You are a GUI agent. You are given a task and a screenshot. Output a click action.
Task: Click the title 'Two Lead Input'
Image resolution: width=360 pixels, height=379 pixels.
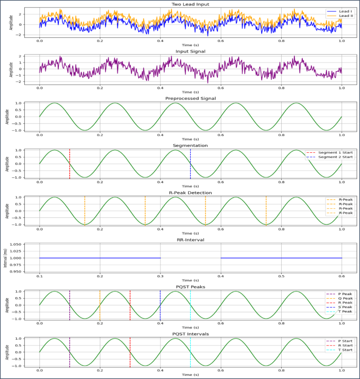pos(190,4)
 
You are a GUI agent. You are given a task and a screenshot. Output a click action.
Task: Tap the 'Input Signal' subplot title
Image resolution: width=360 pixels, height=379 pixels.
pos(190,51)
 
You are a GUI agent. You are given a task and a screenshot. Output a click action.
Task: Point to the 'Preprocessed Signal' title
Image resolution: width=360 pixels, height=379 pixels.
pos(190,98)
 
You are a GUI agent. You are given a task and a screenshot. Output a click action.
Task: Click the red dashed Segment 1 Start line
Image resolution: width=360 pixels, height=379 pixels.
pos(69,164)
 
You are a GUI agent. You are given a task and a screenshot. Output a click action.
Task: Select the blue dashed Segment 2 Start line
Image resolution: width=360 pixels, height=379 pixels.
pos(190,164)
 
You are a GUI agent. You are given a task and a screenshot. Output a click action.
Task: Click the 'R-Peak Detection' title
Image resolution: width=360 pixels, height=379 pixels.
pos(190,193)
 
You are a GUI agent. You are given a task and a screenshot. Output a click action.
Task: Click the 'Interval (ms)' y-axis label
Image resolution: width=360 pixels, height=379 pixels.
pos(6,258)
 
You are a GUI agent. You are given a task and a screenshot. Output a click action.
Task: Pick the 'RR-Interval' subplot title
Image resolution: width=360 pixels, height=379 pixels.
pos(190,240)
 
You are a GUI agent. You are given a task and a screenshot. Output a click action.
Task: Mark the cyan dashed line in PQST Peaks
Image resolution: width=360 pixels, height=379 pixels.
pos(190,304)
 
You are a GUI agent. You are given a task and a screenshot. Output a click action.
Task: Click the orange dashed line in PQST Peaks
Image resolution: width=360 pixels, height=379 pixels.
pos(100,304)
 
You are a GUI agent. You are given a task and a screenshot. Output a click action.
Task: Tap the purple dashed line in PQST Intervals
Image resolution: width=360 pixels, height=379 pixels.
pos(69,352)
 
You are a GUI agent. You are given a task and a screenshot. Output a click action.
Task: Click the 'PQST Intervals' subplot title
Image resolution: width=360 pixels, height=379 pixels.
pos(190,334)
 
